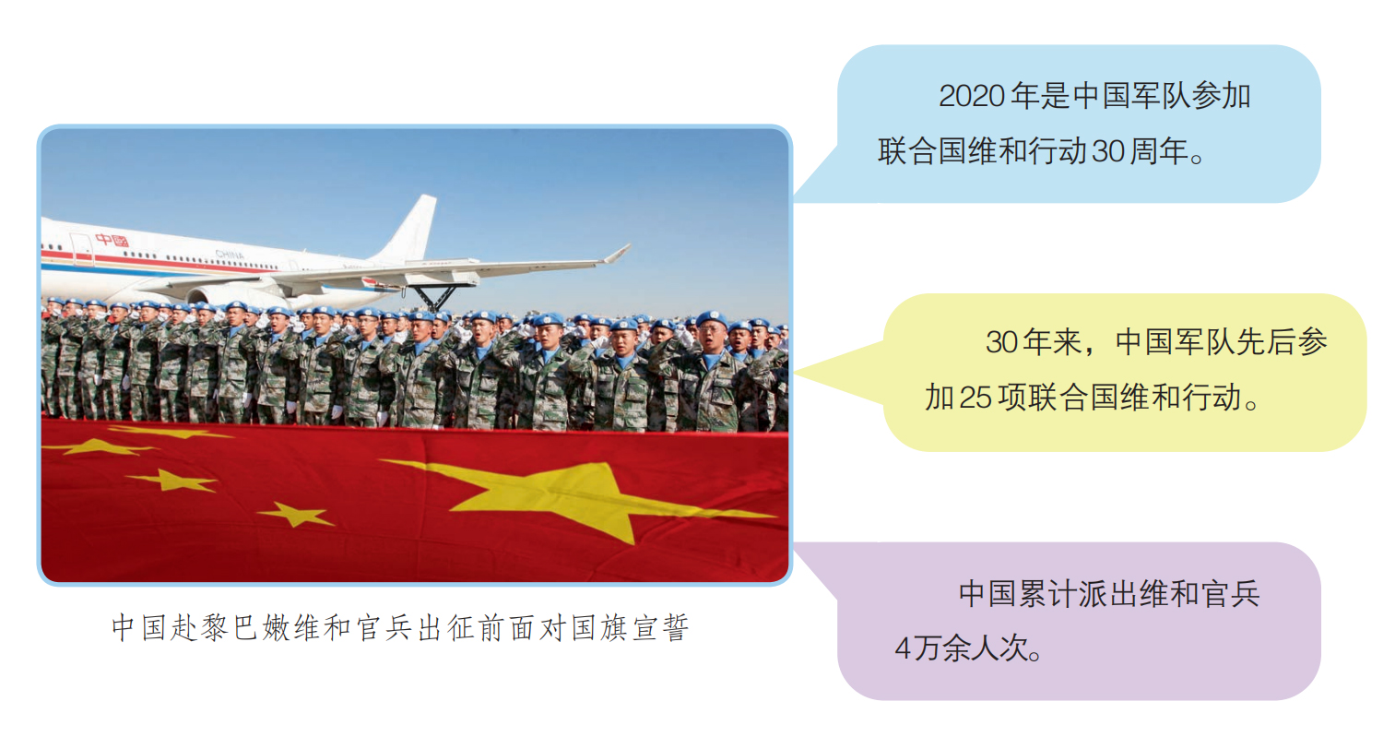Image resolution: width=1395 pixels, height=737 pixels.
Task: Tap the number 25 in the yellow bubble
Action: pyautogui.click(x=975, y=398)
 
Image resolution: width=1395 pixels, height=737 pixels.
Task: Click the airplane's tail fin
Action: pyautogui.click(x=409, y=229)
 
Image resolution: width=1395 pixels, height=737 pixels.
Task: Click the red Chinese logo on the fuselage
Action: pyautogui.click(x=112, y=240)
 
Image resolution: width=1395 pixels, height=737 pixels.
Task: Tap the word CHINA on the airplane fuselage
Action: pyautogui.click(x=230, y=255)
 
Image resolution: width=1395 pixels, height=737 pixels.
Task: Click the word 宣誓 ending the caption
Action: pyautogui.click(x=661, y=627)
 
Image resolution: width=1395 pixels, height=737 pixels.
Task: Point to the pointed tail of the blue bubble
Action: pyautogui.click(x=796, y=199)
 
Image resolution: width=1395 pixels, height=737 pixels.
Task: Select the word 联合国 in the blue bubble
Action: pyautogui.click(x=922, y=151)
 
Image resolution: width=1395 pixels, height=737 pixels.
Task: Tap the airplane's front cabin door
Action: pyautogui.click(x=81, y=249)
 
